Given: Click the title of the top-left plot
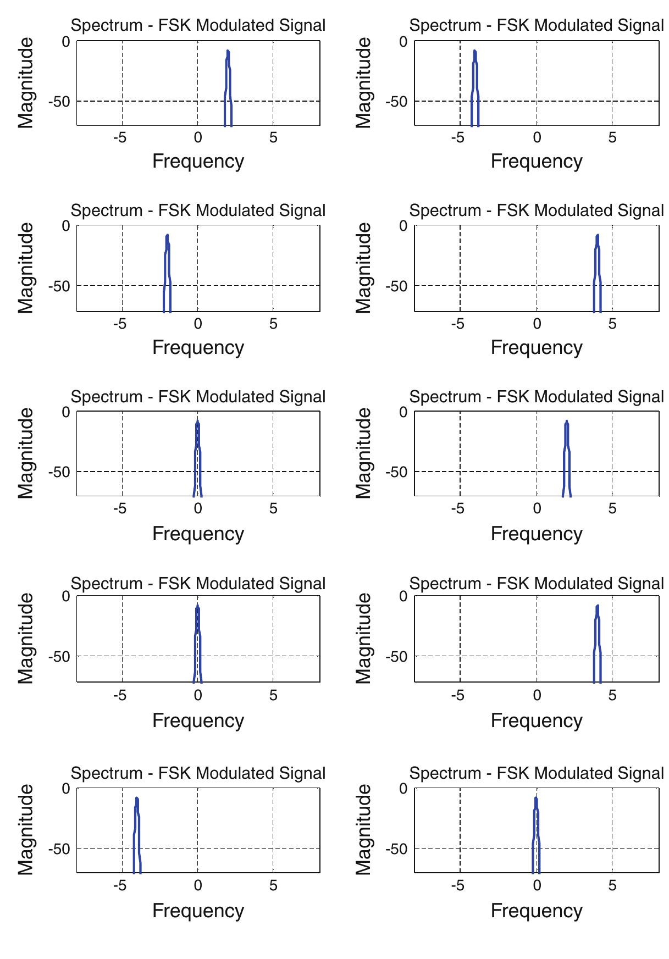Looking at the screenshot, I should (x=198, y=25).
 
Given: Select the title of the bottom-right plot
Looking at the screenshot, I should (x=537, y=773).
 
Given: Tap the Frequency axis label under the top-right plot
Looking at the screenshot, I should (x=537, y=161).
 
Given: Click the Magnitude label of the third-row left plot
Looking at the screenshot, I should (x=26, y=453).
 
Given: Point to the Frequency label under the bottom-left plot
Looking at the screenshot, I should (x=198, y=911).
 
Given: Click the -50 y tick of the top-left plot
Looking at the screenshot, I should (x=59, y=102).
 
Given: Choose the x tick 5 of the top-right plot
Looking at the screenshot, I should (x=612, y=138).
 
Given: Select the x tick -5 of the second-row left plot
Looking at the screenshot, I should (x=120, y=324).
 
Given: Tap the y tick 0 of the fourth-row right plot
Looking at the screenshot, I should (x=403, y=596).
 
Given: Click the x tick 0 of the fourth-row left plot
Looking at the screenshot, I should (x=198, y=695).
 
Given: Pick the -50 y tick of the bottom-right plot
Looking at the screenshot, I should (x=397, y=849).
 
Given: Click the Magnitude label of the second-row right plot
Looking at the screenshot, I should (x=364, y=268).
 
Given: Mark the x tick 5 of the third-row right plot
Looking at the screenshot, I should (x=612, y=509).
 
